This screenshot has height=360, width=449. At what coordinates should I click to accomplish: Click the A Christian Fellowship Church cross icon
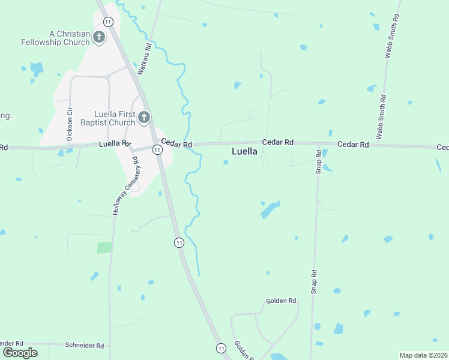click(99, 38)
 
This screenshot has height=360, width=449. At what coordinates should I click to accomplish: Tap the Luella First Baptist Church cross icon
click(143, 117)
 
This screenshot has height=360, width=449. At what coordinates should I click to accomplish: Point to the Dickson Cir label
click(70, 124)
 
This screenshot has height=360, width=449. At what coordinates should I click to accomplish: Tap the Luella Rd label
click(114, 144)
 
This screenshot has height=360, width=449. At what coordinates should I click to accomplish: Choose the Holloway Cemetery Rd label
click(125, 186)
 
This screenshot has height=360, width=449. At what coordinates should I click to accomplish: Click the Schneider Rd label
click(84, 346)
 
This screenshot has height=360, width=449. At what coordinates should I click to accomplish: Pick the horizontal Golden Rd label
click(282, 301)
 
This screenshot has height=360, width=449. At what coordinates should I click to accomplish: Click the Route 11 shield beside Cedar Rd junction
click(157, 149)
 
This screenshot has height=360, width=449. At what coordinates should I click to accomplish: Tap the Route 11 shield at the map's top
click(107, 21)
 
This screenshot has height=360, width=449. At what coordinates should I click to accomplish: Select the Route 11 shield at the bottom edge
click(221, 348)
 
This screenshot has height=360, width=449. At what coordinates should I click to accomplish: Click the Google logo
click(20, 352)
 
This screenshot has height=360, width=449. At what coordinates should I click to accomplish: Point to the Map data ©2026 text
click(424, 355)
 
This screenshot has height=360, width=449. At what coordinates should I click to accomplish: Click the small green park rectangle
click(104, 247)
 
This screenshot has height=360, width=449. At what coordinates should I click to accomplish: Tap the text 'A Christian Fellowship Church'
click(55, 38)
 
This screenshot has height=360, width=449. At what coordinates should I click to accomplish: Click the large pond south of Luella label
click(270, 209)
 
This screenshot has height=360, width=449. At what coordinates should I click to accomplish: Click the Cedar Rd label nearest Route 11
click(179, 145)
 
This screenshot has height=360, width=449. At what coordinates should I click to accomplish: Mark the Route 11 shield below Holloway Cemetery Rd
click(179, 242)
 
